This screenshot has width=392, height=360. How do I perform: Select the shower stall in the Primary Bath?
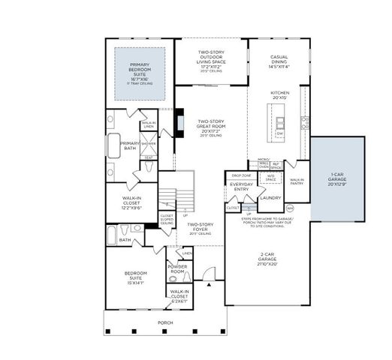[149, 143]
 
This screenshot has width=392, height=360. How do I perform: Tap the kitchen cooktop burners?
[304, 120]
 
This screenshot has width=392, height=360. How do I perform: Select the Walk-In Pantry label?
[297, 181]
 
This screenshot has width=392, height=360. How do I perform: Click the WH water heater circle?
[290, 208]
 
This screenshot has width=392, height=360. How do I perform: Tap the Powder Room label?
[177, 268]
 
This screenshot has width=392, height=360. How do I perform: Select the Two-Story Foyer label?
[202, 227]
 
